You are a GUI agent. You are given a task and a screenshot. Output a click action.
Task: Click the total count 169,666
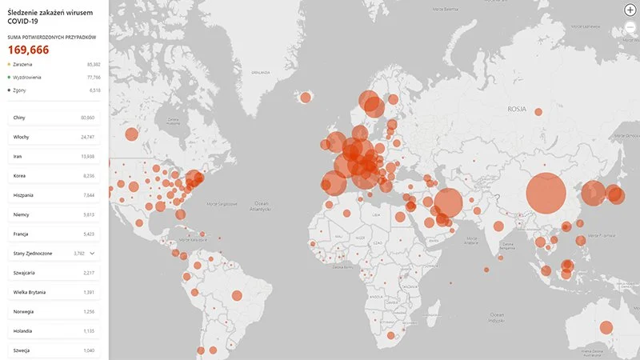coord(29,50)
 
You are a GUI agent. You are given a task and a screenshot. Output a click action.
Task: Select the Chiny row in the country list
coord(54,118)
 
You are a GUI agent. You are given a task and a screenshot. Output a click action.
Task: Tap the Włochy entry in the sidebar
coord(54,137)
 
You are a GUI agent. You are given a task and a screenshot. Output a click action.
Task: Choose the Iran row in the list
coord(54,156)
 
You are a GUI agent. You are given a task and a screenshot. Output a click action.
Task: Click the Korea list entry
coord(54,175)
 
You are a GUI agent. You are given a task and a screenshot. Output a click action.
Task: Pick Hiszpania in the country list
coord(54,194)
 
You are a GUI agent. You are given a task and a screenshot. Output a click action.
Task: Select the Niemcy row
coord(54,214)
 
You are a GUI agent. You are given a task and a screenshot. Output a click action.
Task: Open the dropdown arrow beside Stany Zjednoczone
coord(92,253)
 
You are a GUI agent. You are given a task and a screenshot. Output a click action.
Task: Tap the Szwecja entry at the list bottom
coord(54,350)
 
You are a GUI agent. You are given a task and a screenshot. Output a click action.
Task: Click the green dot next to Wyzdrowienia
coord(9,78)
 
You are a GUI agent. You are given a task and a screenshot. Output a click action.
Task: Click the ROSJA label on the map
coord(518,107)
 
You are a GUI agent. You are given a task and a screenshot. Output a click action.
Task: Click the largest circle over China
coord(546,193)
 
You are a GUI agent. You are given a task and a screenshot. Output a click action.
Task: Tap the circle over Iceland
coord(305,98)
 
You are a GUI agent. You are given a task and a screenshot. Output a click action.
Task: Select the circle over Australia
coord(606,327)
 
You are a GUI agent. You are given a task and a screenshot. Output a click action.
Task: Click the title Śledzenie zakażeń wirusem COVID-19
coord(38,17)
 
